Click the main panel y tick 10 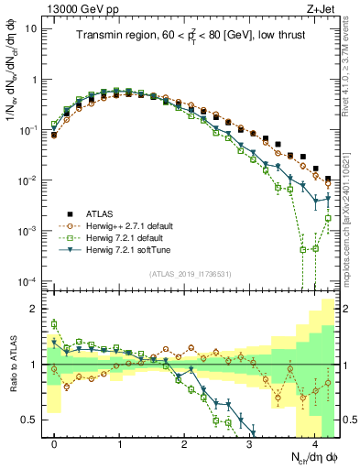coord(32,28)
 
